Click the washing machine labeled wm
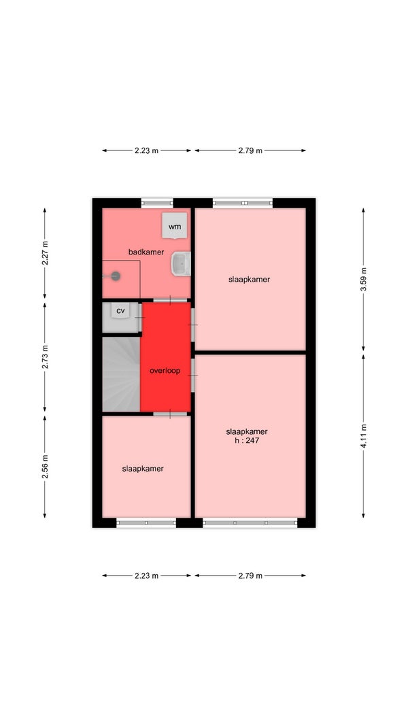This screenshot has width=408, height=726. (174, 225)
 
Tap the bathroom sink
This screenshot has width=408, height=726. (182, 264)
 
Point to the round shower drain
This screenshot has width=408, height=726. (116, 276)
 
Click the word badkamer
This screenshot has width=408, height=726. (146, 252)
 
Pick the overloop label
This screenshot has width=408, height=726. (165, 370)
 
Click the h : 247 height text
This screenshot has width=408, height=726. (247, 441)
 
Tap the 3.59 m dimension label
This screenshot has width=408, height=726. (363, 279)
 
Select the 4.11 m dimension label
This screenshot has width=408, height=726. (363, 436)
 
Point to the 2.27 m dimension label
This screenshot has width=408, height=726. (45, 253)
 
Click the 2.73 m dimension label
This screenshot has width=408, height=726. (45, 357)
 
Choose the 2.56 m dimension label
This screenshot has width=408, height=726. (45, 467)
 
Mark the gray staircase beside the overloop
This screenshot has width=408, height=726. (121, 374)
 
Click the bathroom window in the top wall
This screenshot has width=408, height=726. (157, 203)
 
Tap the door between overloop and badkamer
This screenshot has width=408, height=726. (170, 301)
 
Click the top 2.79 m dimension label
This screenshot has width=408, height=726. (250, 150)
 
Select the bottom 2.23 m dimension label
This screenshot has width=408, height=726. (147, 576)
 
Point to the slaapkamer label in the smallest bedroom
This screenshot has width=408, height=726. (143, 469)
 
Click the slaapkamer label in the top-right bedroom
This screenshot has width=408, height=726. (250, 279)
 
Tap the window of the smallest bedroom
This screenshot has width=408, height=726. (146, 523)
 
